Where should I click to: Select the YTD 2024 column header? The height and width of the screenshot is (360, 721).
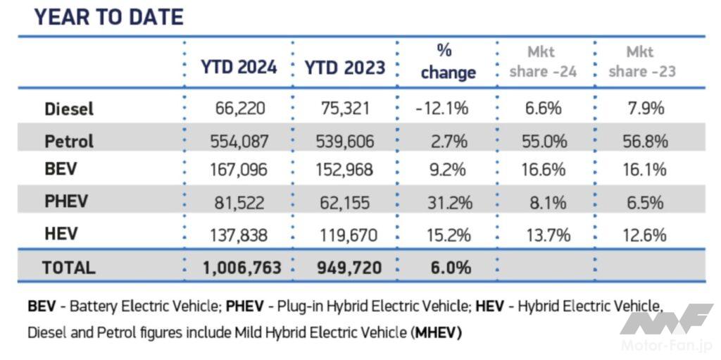click(239, 68)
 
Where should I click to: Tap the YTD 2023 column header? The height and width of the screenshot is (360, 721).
click(344, 68)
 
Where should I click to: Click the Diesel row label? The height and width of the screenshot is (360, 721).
click(69, 109)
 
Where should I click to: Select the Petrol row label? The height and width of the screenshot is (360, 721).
click(69, 141)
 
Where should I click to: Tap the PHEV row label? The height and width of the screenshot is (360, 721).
click(66, 202)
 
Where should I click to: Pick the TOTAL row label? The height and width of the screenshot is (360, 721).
click(68, 268)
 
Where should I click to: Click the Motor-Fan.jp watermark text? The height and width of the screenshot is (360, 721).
click(667, 346)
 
